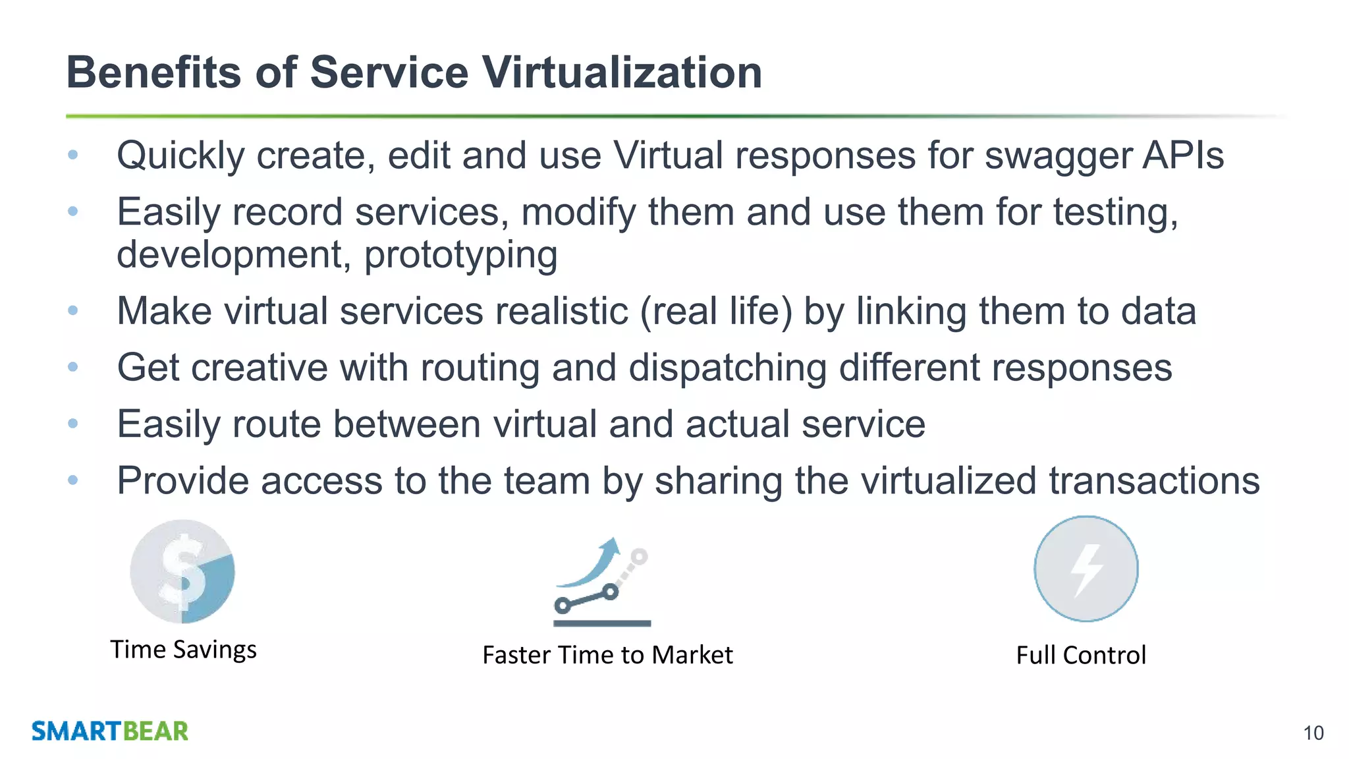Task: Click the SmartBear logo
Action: [110, 731]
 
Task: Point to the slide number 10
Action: [1313, 733]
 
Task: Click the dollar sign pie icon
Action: [182, 571]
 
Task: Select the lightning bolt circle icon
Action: [1086, 569]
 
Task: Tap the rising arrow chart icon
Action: [601, 581]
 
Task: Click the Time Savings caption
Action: [183, 650]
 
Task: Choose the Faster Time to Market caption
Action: [607, 656]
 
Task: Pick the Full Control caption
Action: [1081, 656]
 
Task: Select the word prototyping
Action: [460, 256]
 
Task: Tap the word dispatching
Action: [727, 368]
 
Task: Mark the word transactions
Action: [1154, 480]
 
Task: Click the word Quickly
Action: [180, 157]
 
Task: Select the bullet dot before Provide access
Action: [73, 480]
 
